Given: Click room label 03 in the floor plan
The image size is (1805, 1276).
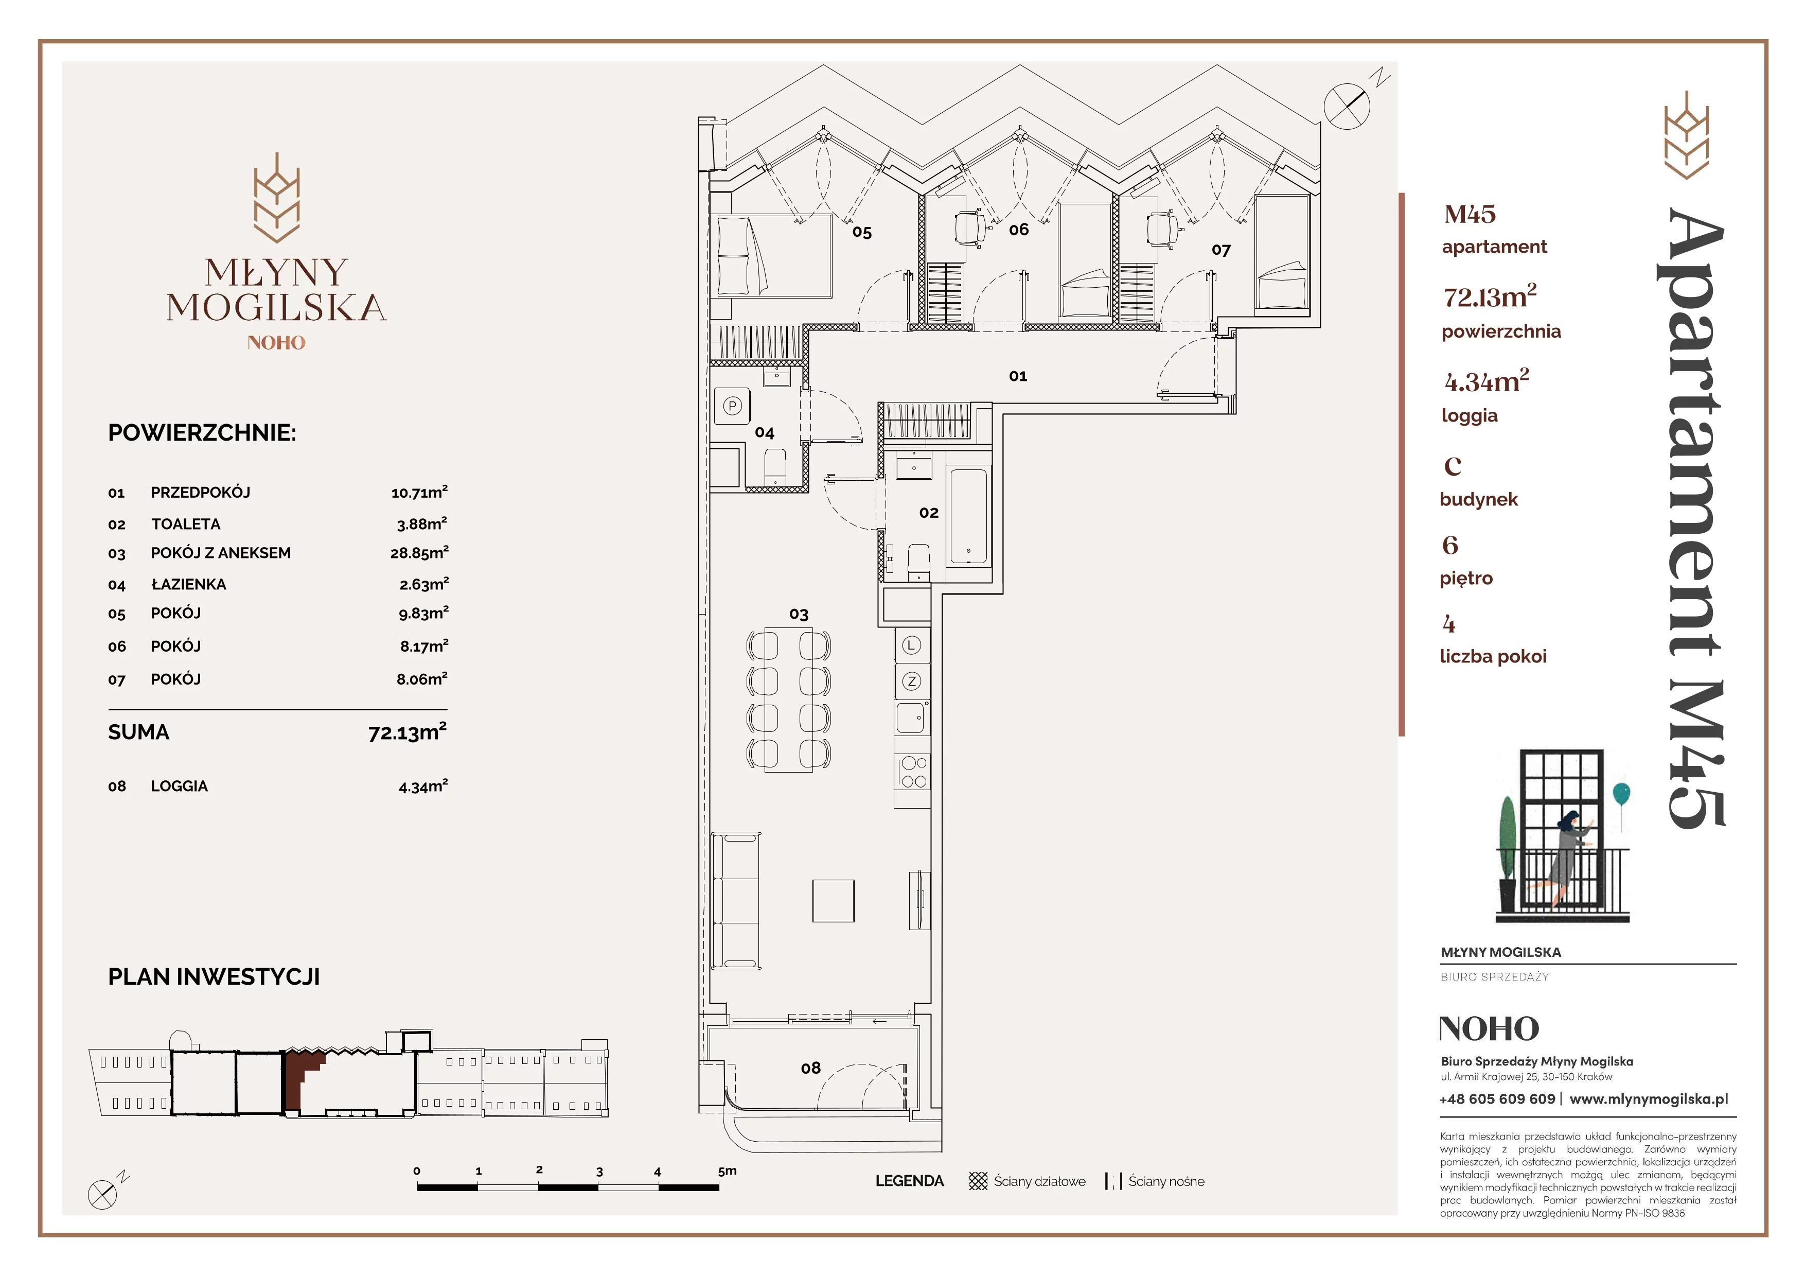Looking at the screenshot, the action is point(799,614).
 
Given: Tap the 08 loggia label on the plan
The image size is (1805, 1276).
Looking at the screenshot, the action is point(810,1068).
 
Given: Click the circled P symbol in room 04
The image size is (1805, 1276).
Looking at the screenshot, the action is point(732,406).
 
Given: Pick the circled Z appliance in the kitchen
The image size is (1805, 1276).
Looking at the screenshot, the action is point(911,681).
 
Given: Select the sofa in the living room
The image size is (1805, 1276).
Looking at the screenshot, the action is point(736,901).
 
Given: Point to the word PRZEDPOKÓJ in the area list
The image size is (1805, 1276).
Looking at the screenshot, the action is point(201,492).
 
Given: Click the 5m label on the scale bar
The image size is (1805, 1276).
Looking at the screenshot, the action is point(727,1170).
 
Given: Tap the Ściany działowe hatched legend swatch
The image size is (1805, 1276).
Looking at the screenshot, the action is point(978,1181).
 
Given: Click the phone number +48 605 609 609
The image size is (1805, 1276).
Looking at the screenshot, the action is point(1497,1099).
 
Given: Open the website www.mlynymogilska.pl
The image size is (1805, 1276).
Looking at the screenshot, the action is point(1649,1099).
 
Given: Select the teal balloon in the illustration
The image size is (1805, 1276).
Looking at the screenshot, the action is point(1620,794).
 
